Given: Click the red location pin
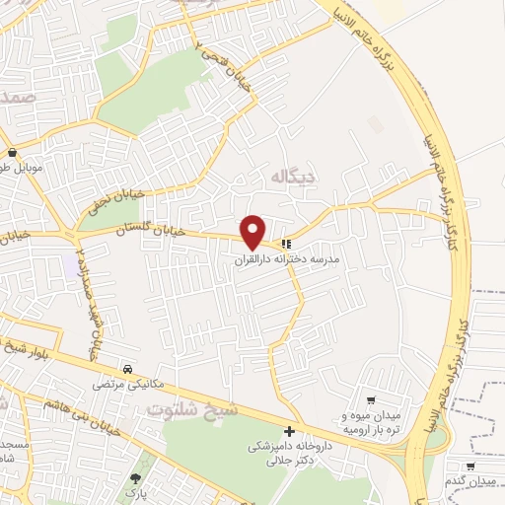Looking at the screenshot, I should pos(253,232).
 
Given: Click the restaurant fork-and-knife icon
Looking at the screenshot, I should pos(286,243).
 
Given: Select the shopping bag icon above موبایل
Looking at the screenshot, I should pos(11,154).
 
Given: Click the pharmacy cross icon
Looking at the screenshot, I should pos(289,432).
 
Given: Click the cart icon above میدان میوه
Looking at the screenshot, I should pos(371,400).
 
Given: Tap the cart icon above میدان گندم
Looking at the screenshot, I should pos(472,467).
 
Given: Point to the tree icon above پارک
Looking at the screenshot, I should pos(134,478).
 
